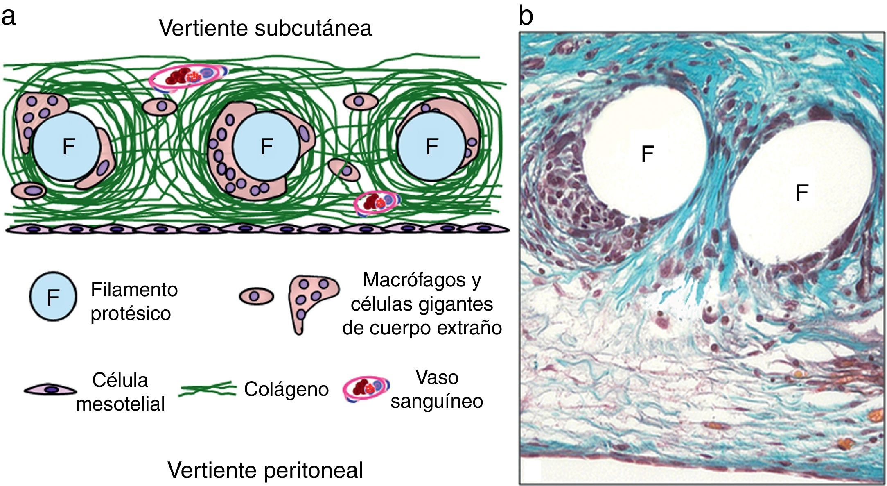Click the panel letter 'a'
coord(9,17)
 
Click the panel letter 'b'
coord(526,16)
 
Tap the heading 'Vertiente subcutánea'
coord(265,28)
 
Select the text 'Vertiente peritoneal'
coord(265,470)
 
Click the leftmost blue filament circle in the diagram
coord(66,146)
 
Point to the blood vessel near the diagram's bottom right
coord(376,202)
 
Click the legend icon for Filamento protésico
coord(53,296)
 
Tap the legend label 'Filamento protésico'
coord(134,302)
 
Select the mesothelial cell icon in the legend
coord(50,390)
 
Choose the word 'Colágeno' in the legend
coord(286,389)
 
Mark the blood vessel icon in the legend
coord(366,389)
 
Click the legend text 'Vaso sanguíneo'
coord(437,389)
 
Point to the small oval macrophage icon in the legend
coord(256,296)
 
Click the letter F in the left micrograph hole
coord(647,154)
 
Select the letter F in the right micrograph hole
coord(802,193)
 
